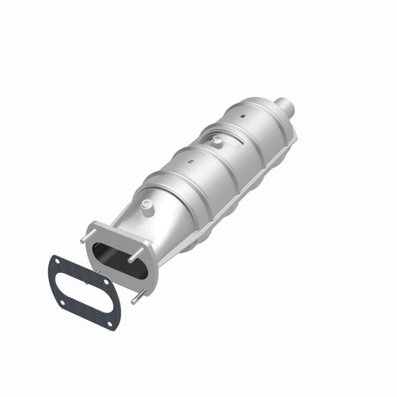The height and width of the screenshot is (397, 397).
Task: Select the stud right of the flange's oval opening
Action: click(x=134, y=259)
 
